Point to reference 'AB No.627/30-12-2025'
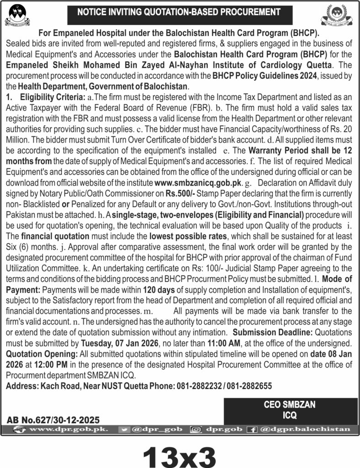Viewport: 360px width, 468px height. (x=53, y=419)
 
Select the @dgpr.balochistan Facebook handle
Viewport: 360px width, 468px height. (x=305, y=429)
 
